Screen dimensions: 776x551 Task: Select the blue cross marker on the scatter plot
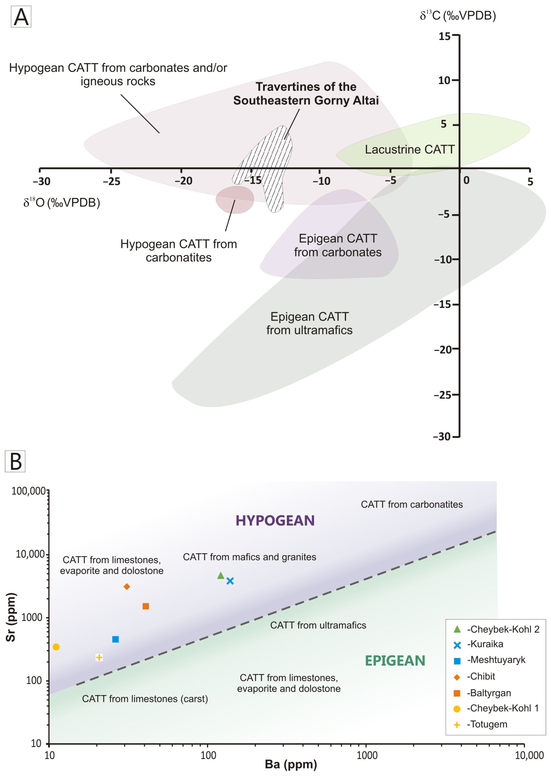pyautogui.click(x=230, y=581)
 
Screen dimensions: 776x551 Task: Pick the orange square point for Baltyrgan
pyautogui.click(x=145, y=606)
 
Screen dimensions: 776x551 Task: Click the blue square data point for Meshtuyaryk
pyautogui.click(x=115, y=639)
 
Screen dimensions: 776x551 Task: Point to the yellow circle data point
pyautogui.click(x=56, y=647)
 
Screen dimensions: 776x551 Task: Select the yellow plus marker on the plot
pyautogui.click(x=99, y=657)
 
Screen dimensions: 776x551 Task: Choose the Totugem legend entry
pyautogui.click(x=487, y=724)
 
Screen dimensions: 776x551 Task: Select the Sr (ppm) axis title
pyautogui.click(x=11, y=617)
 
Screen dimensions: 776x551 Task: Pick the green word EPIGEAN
pyautogui.click(x=395, y=661)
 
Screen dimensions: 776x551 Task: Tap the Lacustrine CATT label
pyautogui.click(x=410, y=149)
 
